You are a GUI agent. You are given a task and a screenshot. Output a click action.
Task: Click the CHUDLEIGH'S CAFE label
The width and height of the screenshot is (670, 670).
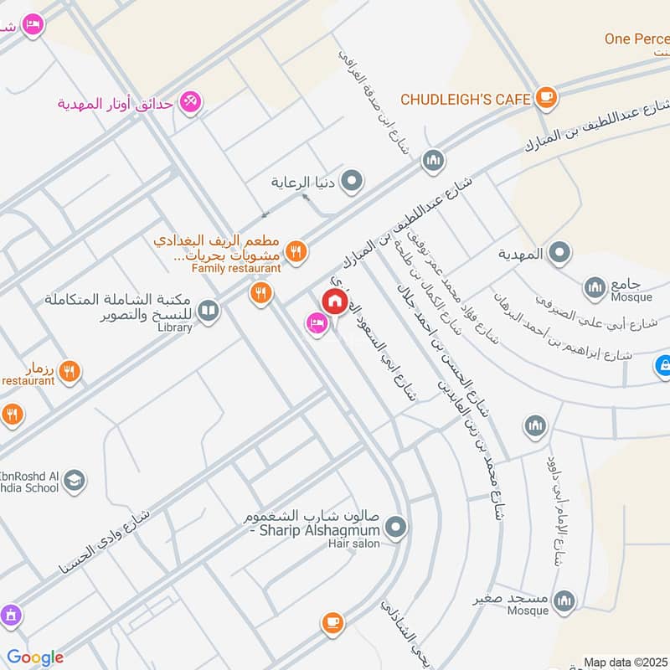(x=466, y=99)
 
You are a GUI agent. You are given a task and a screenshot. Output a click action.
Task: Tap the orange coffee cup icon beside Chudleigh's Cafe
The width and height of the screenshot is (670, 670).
(x=546, y=98)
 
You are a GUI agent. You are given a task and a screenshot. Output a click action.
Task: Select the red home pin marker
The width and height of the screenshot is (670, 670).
(x=335, y=301)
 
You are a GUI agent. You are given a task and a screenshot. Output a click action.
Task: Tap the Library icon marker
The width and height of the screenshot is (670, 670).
(x=209, y=312)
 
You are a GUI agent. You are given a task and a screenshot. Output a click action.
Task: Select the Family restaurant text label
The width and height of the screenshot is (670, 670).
(x=236, y=268)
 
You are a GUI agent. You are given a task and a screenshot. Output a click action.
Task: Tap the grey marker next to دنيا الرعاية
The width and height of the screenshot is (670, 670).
(x=353, y=180)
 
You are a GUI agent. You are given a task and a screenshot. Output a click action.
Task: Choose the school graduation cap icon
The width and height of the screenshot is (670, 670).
(x=75, y=481)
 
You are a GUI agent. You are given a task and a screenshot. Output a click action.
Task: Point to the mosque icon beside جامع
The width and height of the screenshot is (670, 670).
(x=595, y=287)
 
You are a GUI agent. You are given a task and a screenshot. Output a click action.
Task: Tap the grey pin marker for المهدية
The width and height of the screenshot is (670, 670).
(x=559, y=252)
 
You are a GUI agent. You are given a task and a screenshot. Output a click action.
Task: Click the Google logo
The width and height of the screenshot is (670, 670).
(x=35, y=657)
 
